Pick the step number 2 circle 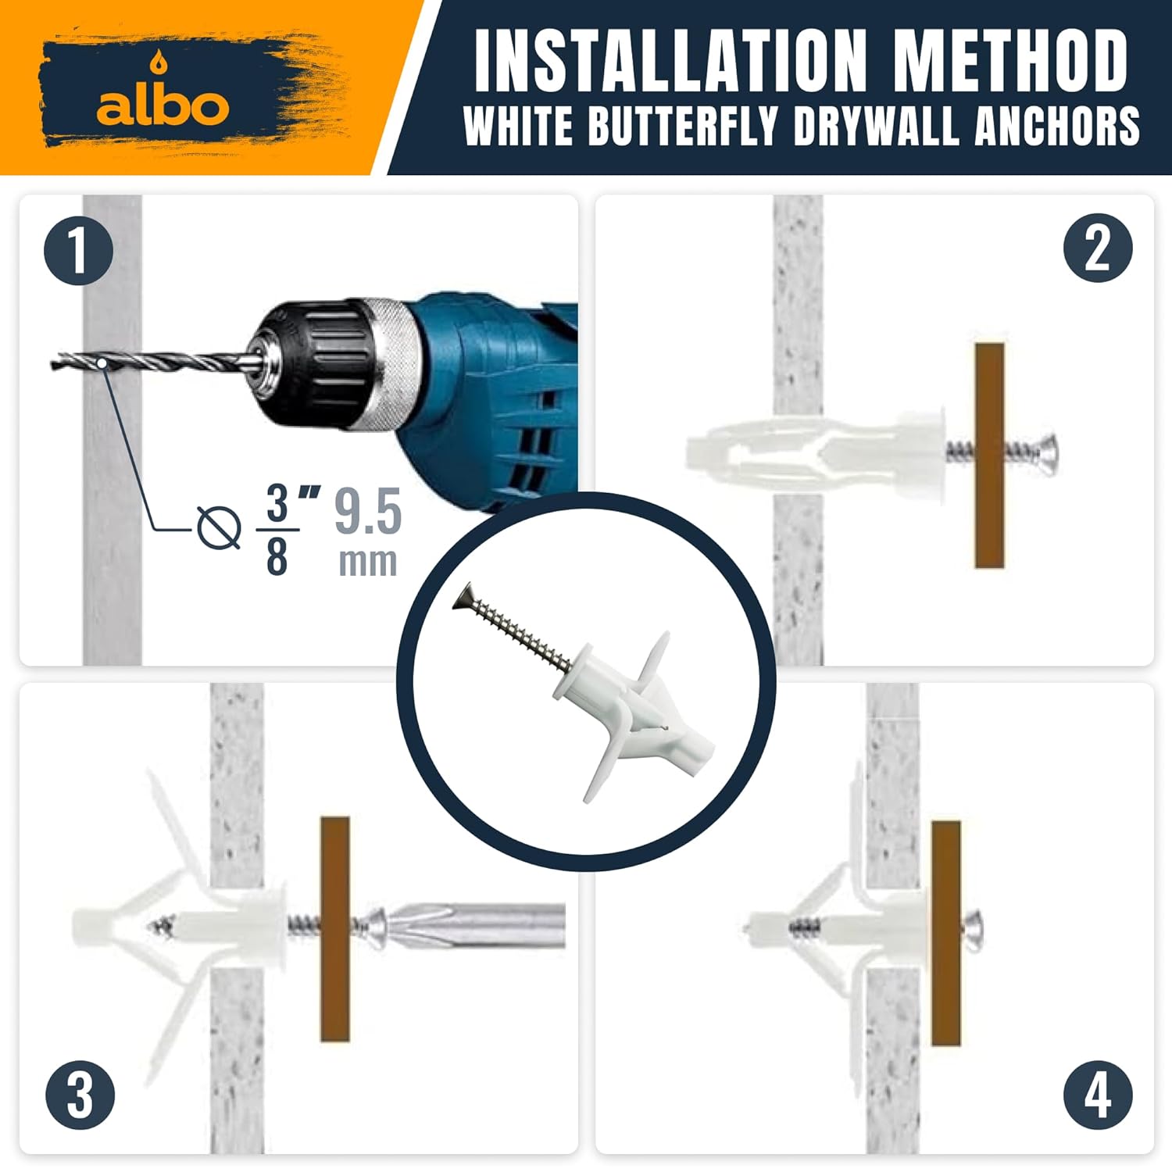[x=1098, y=248]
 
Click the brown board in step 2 [x=989, y=455]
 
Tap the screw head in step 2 [x=1047, y=452]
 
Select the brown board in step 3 [x=335, y=928]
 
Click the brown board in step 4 [x=945, y=933]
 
